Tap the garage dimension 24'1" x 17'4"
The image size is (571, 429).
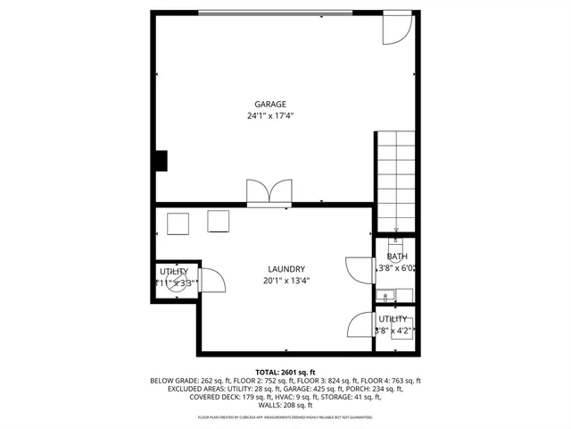coord(270,116)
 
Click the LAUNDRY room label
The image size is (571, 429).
coord(286,269)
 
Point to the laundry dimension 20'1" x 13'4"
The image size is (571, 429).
coord(286,281)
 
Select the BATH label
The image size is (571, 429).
coord(396,257)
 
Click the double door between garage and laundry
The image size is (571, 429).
coord(269,193)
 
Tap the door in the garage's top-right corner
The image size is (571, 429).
coord(394,29)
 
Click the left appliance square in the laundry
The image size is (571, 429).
coord(178,223)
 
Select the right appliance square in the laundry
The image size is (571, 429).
coord(219,221)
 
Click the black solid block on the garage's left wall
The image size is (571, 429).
coord(161,160)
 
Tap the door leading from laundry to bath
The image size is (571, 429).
coord(359,270)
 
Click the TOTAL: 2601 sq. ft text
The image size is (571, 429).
coord(285,372)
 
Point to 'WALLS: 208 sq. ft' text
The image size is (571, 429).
coord(285,406)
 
